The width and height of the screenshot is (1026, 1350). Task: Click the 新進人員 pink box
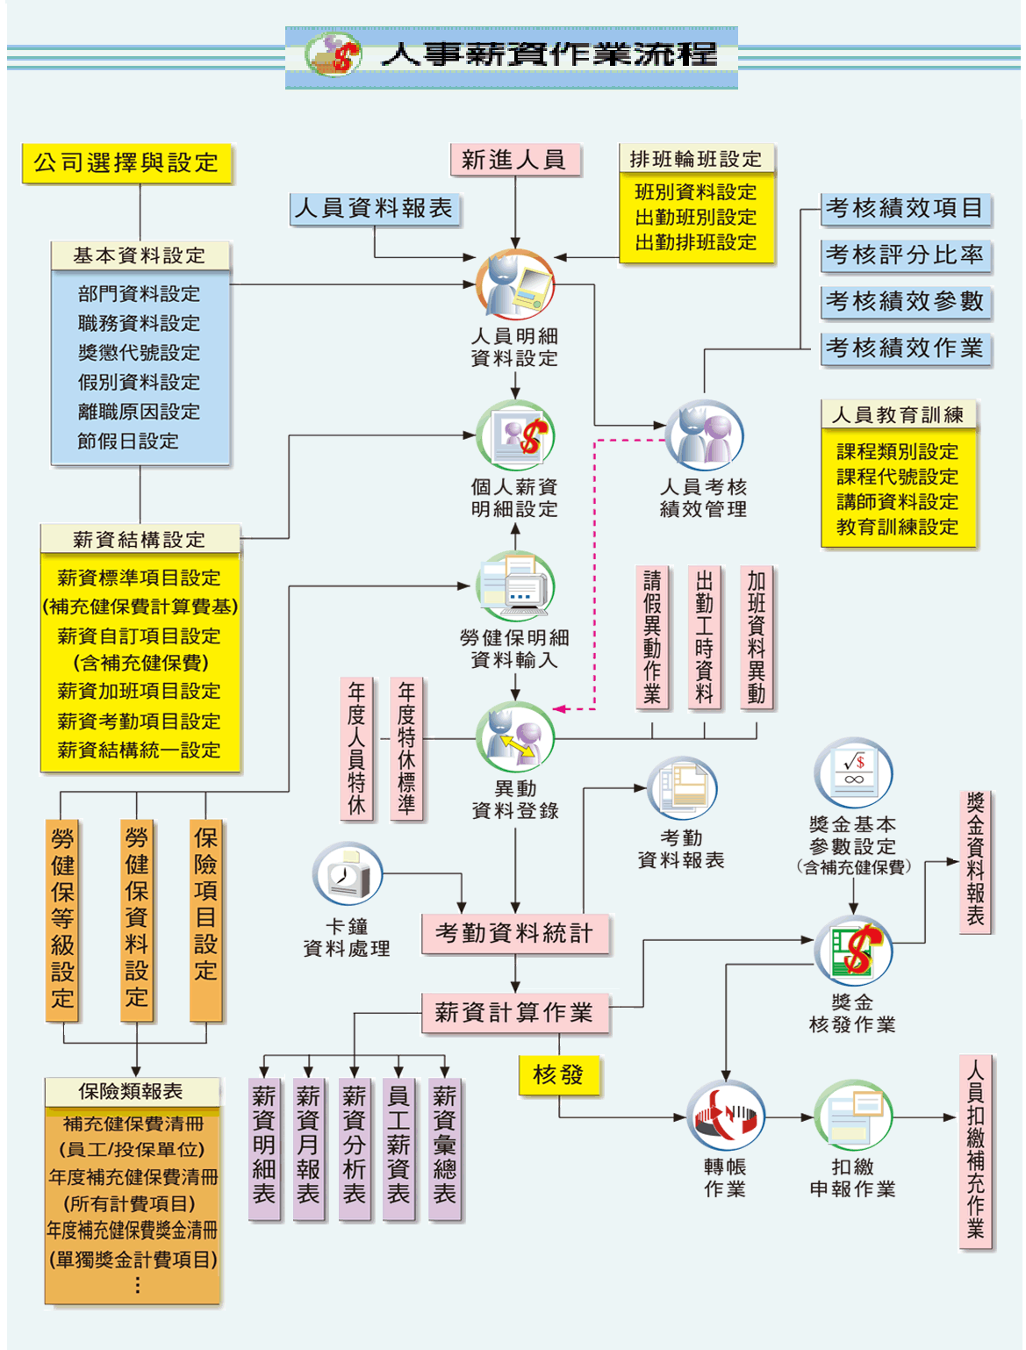pos(515,160)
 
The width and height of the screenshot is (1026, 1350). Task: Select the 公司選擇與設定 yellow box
pos(127,163)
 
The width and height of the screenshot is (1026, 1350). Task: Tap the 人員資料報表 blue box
pos(375,209)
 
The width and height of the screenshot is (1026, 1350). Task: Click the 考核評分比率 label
pos(905,255)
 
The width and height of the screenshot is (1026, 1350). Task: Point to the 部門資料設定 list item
pos(139,294)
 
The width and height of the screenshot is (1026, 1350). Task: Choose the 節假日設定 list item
pos(128,441)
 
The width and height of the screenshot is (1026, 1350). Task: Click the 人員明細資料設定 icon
pos(515,285)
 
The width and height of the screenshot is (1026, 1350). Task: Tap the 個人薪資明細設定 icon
pos(515,436)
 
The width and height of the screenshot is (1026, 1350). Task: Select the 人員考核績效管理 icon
pos(704,436)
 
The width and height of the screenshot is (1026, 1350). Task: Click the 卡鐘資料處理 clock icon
pos(348,874)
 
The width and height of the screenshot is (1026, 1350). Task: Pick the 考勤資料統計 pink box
pos(515,933)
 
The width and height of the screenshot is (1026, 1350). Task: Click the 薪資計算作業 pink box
pos(515,1013)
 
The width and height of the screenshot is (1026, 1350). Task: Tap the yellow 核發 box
pos(559,1074)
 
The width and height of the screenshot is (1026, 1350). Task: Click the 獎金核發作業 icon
pos(853,951)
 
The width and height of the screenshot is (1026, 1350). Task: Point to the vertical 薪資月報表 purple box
pos(308,1148)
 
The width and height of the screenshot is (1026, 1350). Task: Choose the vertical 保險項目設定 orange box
pos(205,920)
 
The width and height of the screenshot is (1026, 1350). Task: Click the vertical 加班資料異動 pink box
pos(757,636)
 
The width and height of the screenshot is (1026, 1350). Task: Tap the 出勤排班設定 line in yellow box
pos(696,242)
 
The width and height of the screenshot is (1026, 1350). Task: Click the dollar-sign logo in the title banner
pos(334,55)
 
